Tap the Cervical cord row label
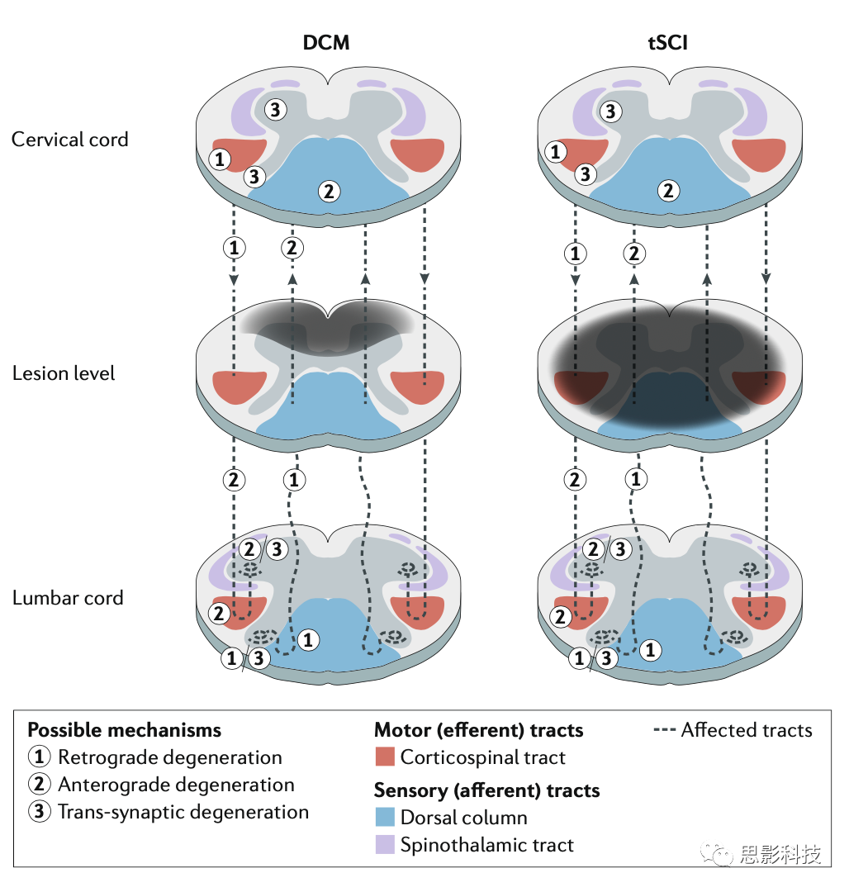(x=70, y=139)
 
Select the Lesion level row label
(x=64, y=373)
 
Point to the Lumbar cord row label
(x=68, y=598)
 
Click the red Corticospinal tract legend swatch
(x=384, y=757)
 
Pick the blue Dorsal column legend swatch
(x=384, y=818)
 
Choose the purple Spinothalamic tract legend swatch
(x=384, y=845)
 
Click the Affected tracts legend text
(x=747, y=730)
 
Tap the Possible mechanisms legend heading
(x=125, y=730)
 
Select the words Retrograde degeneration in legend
(x=170, y=757)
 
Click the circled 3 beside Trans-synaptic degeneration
(x=39, y=812)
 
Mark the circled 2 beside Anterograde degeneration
(x=39, y=785)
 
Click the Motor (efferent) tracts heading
(x=479, y=730)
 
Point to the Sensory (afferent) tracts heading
(x=486, y=790)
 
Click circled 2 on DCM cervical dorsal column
(x=329, y=192)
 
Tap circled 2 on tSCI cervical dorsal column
(x=668, y=192)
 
